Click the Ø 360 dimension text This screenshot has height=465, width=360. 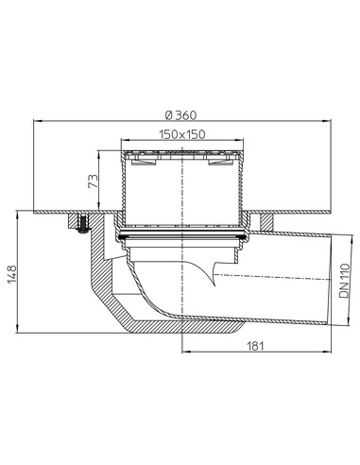[x=180, y=115]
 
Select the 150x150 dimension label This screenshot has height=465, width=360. [x=182, y=134]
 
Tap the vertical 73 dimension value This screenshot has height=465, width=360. [x=94, y=181]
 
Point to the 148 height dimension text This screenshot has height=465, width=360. [x=12, y=274]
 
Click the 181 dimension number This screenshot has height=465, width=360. [x=255, y=346]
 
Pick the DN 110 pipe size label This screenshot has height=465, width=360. [x=345, y=282]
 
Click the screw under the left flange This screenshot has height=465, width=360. [x=82, y=224]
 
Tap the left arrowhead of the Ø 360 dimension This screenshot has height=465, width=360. [x=37, y=121]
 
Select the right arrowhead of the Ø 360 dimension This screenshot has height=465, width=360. [x=328, y=121]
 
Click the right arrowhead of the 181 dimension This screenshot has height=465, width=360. [x=328, y=352]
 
